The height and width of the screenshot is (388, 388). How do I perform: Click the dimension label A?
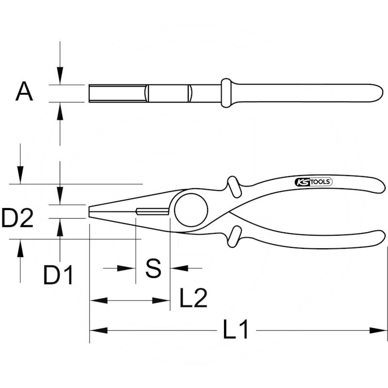point(24,92)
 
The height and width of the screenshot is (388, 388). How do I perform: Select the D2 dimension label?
point(17,218)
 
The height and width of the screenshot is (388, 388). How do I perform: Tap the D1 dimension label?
point(58,275)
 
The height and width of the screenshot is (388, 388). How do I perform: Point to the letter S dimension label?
point(153,268)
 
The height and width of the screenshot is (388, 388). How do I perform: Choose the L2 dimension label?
point(193,298)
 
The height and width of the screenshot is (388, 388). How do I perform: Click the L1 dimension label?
point(235,329)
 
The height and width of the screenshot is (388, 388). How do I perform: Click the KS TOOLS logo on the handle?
point(313,182)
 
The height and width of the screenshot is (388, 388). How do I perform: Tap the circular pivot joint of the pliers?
point(191,210)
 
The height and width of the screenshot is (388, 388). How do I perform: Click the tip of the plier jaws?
point(89,211)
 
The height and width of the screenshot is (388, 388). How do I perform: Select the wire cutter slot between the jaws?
point(152,211)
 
